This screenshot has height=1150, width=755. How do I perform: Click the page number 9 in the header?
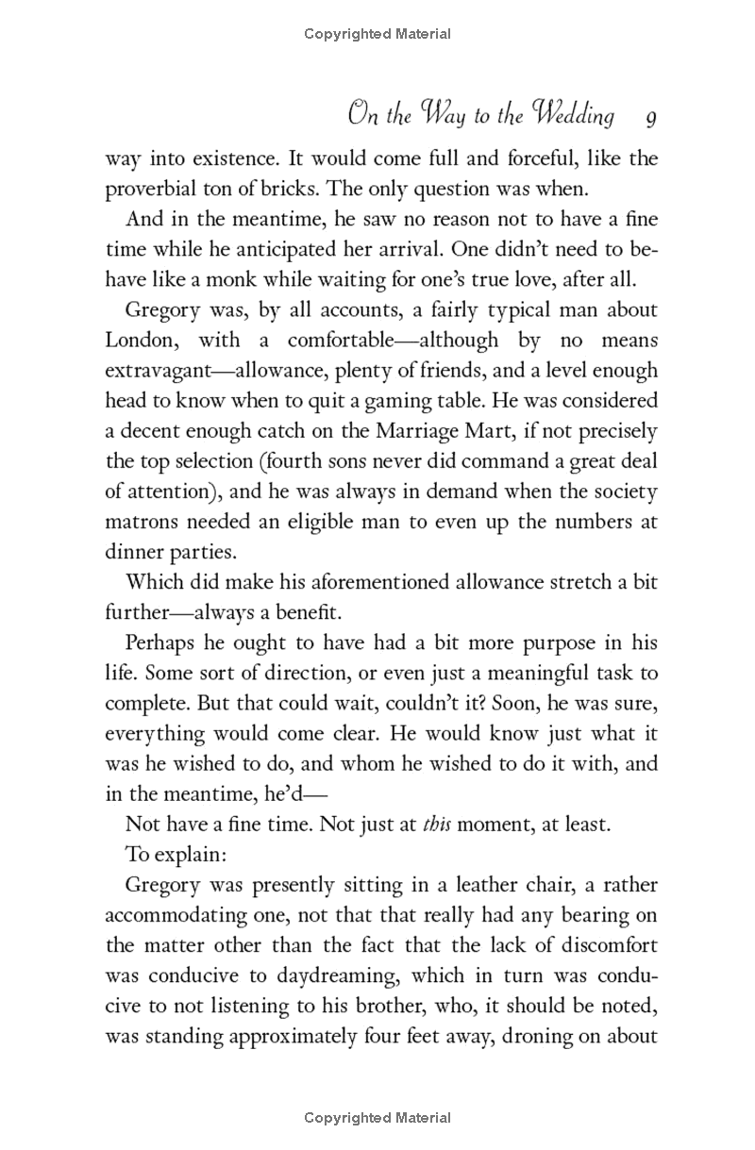click(651, 118)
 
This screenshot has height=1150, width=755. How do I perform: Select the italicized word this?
click(436, 824)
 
